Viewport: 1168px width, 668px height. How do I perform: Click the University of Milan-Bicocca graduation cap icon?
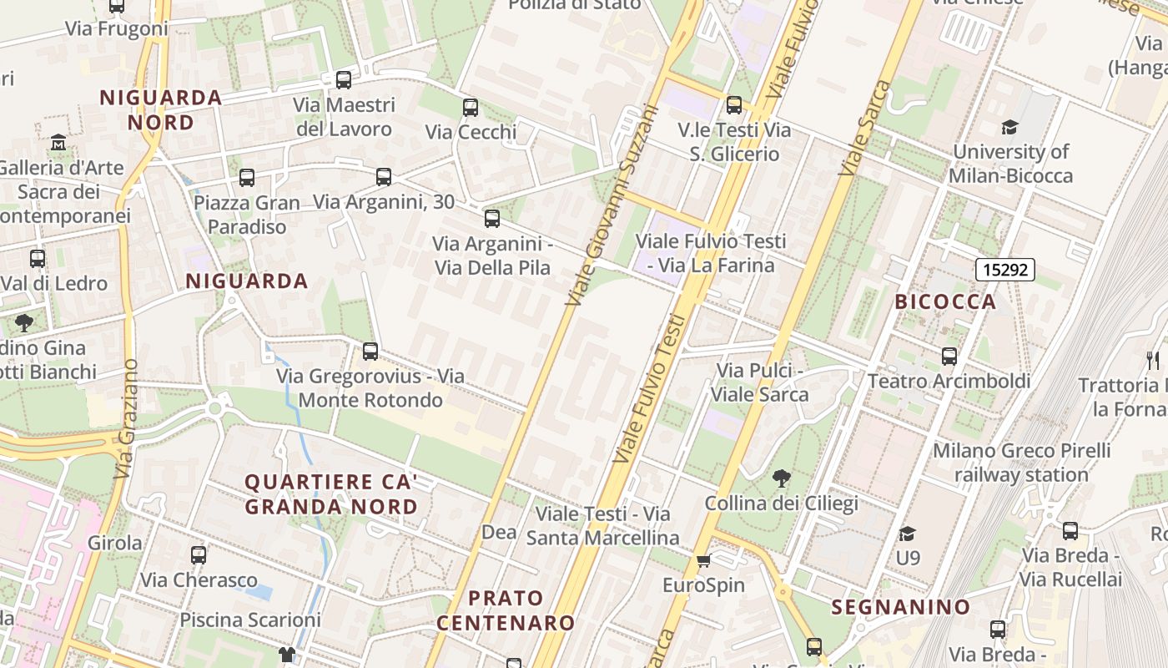click(1009, 128)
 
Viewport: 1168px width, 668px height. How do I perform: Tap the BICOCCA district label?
click(945, 301)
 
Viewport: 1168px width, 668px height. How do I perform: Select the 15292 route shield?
click(1004, 270)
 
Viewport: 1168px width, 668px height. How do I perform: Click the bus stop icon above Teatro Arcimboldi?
click(949, 357)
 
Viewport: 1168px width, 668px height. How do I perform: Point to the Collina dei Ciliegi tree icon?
click(781, 478)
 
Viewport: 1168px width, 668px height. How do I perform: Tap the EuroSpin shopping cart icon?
click(703, 560)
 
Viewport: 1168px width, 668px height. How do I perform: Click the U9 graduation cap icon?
click(907, 534)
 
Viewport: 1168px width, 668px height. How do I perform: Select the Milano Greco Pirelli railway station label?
click(1021, 463)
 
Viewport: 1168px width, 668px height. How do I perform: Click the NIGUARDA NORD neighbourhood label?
click(161, 109)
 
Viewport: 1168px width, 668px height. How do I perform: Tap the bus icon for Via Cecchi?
click(471, 108)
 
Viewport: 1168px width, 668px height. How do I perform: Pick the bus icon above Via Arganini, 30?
click(383, 177)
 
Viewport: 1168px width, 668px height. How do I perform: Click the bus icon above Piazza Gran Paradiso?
click(246, 178)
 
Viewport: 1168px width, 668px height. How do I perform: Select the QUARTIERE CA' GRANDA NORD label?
click(331, 494)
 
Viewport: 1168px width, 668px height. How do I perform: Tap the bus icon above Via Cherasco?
click(198, 555)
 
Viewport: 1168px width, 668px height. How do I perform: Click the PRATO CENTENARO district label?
click(506, 610)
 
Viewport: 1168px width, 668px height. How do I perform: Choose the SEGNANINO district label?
click(901, 607)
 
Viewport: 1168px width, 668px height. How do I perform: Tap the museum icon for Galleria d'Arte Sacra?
click(58, 143)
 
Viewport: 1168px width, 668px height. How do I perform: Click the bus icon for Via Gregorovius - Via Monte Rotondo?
click(370, 352)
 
